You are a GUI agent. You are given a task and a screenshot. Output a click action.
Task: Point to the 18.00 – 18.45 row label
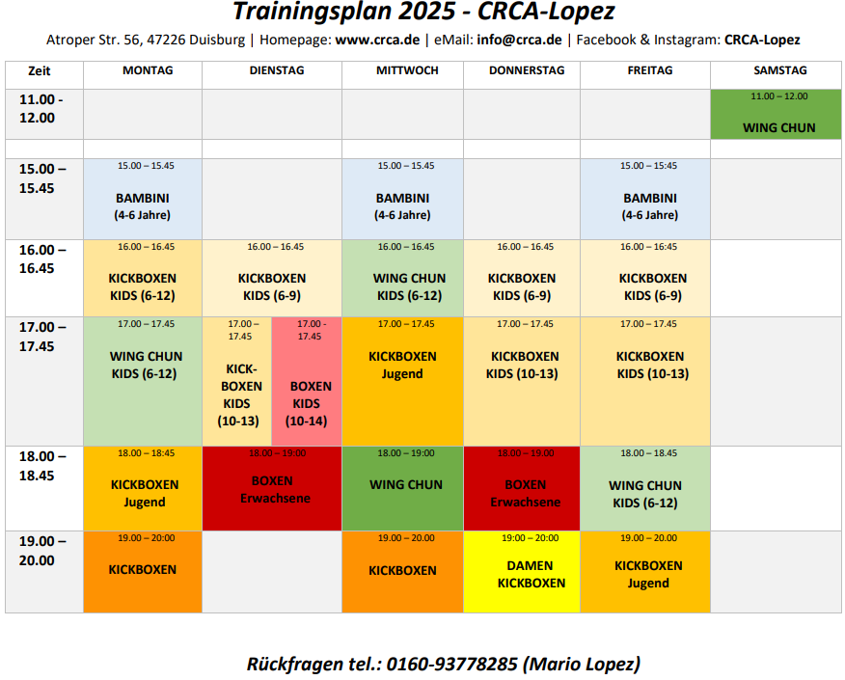(x=44, y=466)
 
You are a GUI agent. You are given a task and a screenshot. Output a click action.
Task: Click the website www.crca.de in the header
(x=377, y=41)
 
